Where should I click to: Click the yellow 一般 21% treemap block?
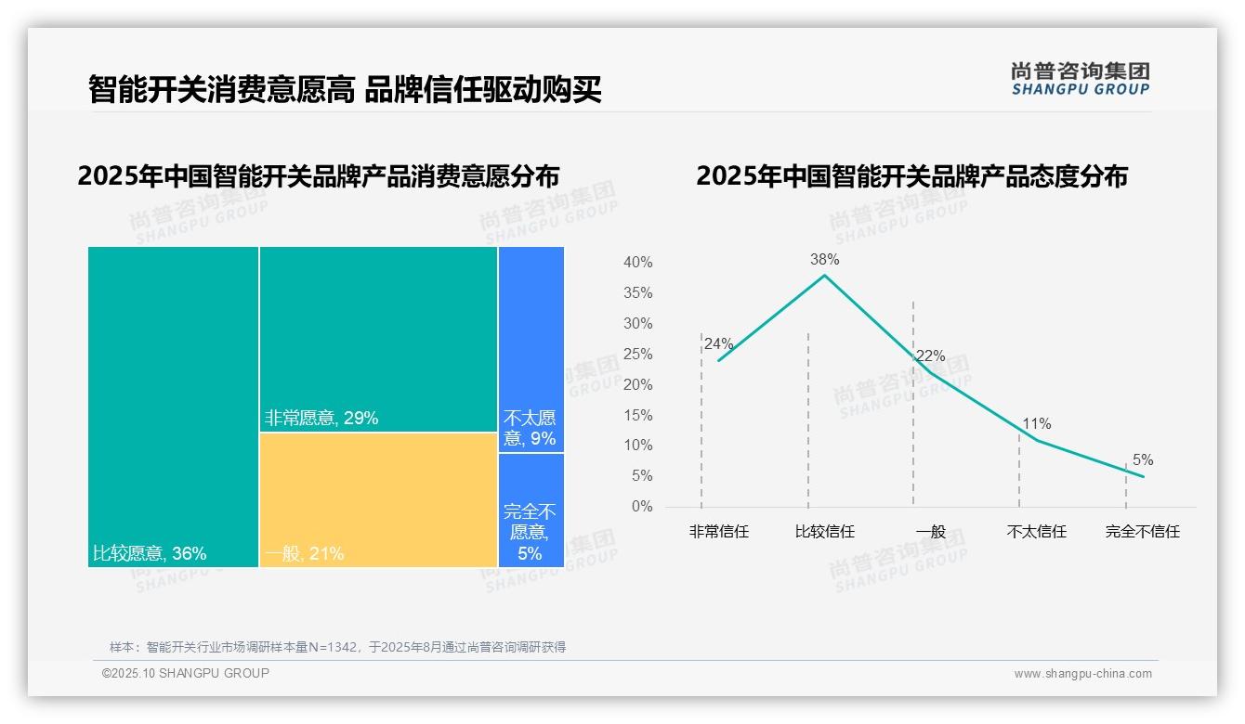(x=378, y=499)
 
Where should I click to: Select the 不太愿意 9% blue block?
(x=531, y=349)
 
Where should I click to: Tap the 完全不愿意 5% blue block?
(x=531, y=510)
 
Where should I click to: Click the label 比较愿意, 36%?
(x=150, y=554)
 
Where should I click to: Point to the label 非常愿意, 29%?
(x=321, y=419)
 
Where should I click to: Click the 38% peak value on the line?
(x=824, y=260)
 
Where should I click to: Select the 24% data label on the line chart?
(x=718, y=344)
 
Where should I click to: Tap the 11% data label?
(x=1036, y=424)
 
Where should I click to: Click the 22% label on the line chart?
(x=930, y=356)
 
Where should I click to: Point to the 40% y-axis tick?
(x=637, y=263)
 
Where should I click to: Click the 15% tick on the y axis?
(x=637, y=416)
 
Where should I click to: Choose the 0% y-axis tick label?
(x=642, y=507)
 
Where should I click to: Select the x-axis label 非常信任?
(x=718, y=532)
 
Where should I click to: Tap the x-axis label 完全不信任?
(x=1142, y=532)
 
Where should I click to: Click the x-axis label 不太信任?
(x=1036, y=532)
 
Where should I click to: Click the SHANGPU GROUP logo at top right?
(x=1080, y=79)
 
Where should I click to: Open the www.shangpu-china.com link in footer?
(x=1082, y=674)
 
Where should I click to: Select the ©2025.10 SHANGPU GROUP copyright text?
(x=186, y=673)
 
